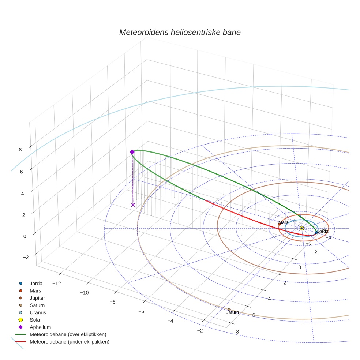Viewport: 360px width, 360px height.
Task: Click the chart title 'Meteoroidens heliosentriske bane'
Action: click(180, 32)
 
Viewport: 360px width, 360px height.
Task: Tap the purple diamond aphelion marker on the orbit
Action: click(132, 152)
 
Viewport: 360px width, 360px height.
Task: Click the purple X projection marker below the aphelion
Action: click(133, 205)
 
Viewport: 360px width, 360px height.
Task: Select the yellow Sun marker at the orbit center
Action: click(301, 228)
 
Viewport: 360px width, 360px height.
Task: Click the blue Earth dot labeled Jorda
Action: click(316, 233)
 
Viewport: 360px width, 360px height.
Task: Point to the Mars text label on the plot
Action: click(283, 222)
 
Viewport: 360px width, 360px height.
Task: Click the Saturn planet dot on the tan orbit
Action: click(229, 310)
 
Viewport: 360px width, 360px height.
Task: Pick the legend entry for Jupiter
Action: click(37, 298)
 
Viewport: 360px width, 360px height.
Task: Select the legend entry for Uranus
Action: click(38, 312)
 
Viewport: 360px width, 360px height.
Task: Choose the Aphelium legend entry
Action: click(40, 327)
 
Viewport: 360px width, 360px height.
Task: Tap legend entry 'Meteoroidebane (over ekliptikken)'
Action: click(68, 334)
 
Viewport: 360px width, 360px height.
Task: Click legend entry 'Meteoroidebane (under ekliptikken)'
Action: click(69, 342)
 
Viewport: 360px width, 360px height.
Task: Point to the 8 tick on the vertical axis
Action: click(20, 149)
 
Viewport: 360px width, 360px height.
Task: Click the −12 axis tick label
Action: click(56, 284)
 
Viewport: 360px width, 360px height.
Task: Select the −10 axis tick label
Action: click(85, 293)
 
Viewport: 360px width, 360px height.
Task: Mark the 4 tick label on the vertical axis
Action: click(23, 194)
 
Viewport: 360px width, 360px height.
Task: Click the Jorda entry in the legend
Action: click(36, 283)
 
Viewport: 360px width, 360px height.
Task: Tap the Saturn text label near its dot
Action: click(232, 312)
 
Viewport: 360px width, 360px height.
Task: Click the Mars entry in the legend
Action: click(35, 290)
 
